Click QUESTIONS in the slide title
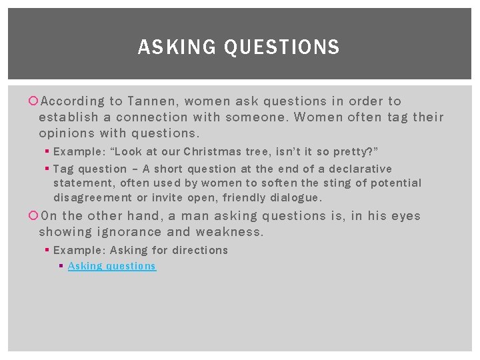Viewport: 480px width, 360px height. [x=282, y=47]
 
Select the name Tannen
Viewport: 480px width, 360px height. [x=151, y=101]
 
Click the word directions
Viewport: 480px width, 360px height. [x=199, y=250]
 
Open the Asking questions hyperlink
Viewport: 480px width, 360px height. [x=112, y=266]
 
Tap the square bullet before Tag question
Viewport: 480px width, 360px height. [x=47, y=169]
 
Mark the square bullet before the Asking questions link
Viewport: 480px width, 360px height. [x=61, y=265]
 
